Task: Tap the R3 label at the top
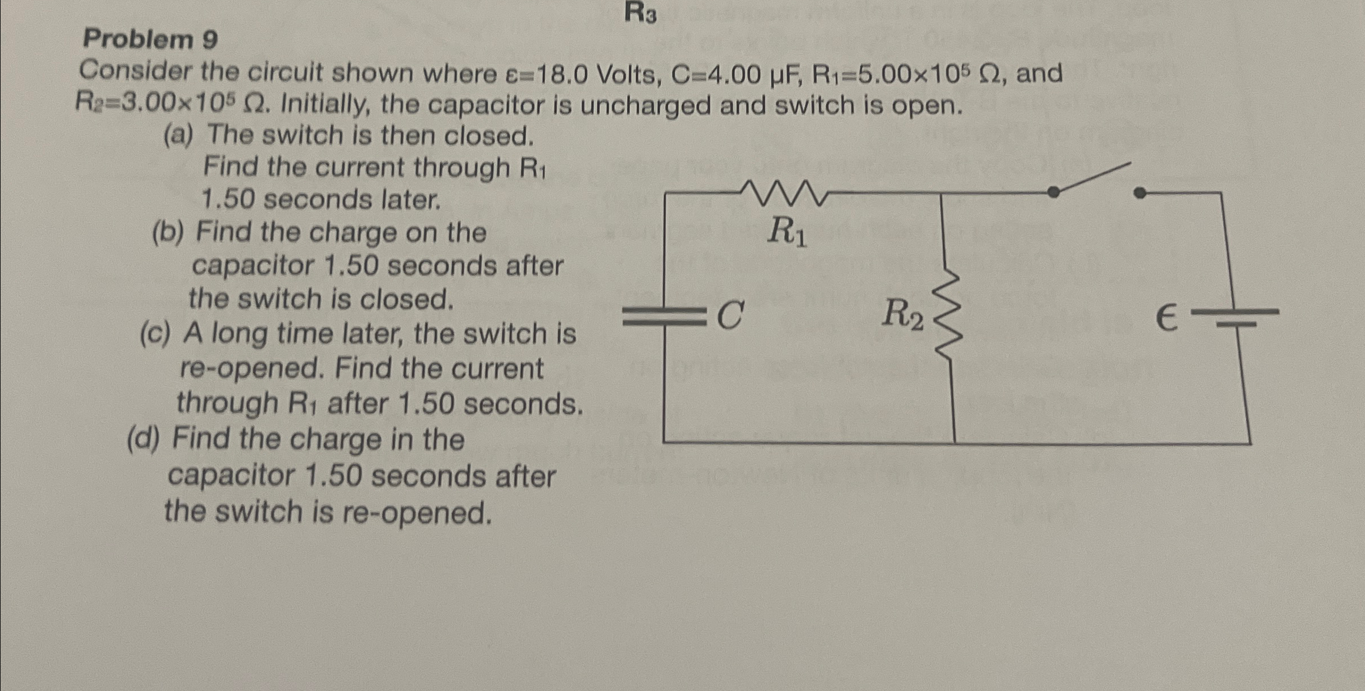pyautogui.click(x=641, y=13)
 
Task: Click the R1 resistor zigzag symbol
pyautogui.click(x=786, y=193)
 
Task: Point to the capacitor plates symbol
pyautogui.click(x=663, y=316)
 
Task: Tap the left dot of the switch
pyautogui.click(x=1053, y=192)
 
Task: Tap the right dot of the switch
pyautogui.click(x=1139, y=193)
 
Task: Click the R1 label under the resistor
pyautogui.click(x=787, y=232)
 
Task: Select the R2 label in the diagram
pyautogui.click(x=902, y=314)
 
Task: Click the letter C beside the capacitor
pyautogui.click(x=730, y=315)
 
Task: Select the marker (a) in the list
pyautogui.click(x=178, y=136)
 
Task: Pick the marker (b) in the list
pyautogui.click(x=168, y=233)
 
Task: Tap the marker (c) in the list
pyautogui.click(x=154, y=334)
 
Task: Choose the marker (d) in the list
pyautogui.click(x=143, y=439)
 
